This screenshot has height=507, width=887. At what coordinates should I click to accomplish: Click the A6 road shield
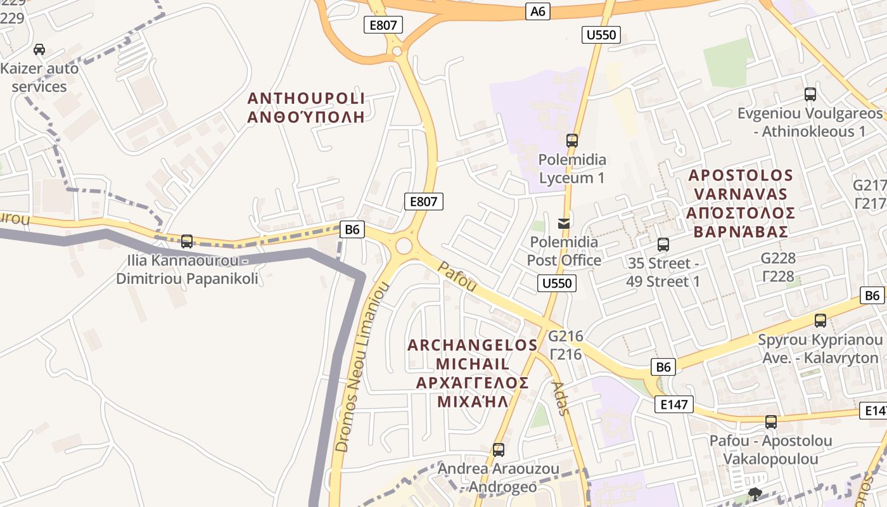537,11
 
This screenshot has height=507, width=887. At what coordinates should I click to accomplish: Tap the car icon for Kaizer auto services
39,49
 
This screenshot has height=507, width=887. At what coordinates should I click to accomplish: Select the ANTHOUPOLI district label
306,108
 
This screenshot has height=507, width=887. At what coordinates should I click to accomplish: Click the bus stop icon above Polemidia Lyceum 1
572,141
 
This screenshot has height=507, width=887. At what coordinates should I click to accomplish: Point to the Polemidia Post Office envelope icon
564,223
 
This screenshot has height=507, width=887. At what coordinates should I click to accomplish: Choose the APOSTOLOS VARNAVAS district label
741,203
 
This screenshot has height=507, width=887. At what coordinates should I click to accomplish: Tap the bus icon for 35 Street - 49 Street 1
663,244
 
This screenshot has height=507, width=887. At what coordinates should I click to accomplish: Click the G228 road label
778,267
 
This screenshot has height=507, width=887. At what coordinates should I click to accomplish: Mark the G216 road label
566,345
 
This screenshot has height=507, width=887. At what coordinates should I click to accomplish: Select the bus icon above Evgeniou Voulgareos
810,94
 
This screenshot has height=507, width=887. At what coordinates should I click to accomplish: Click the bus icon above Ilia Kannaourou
187,241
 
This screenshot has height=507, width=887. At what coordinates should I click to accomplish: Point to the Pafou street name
457,277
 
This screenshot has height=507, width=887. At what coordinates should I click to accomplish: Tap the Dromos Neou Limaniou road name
362,368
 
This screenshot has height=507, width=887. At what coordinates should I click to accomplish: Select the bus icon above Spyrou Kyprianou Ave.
820,321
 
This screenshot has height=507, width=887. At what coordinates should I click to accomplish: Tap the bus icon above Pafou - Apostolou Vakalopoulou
771,421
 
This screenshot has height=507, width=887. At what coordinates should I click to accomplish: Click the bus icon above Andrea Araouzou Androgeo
499,450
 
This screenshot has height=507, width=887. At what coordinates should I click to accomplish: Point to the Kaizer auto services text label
39,77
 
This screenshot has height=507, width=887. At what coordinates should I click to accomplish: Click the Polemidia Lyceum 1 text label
572,169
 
